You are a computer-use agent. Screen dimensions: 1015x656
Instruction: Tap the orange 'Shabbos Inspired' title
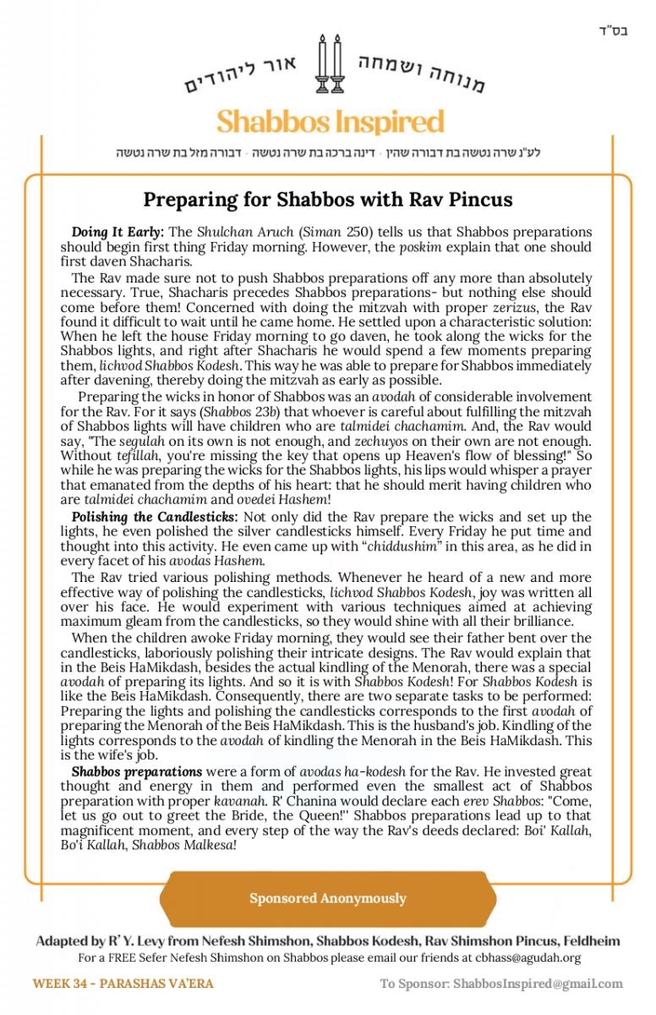pos(330,122)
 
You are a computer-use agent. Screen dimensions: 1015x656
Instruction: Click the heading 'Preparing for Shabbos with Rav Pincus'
pos(328,200)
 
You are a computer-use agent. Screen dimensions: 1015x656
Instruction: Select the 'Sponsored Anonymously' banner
pos(328,898)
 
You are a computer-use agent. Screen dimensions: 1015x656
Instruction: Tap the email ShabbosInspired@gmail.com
pos(538,984)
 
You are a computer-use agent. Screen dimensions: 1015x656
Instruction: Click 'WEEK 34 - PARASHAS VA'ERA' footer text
pos(123,984)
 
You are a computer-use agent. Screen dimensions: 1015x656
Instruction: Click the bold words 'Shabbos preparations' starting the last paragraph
pos(137,771)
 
